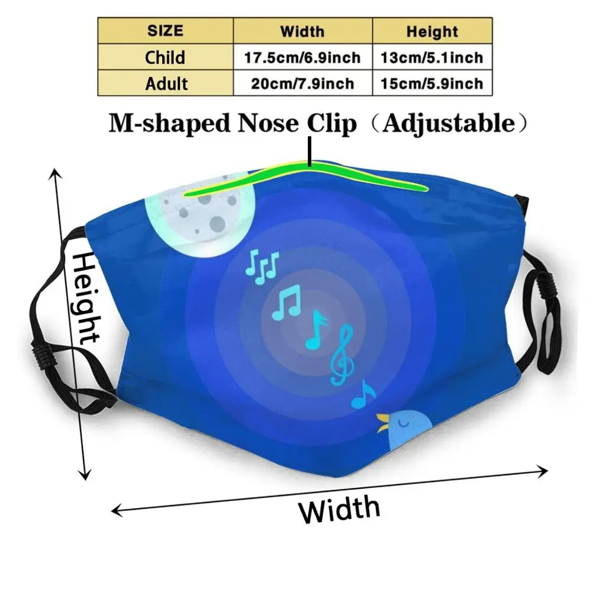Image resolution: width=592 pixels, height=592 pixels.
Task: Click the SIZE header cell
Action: [x=165, y=30]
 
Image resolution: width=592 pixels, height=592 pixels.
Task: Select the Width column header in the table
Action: [x=303, y=31]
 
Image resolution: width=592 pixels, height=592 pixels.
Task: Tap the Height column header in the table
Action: [x=432, y=31]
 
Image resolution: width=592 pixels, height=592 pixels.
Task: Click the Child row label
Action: [x=165, y=57]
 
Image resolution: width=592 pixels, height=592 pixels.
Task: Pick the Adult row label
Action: [x=165, y=83]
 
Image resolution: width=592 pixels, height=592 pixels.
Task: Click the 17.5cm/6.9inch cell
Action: [x=303, y=58]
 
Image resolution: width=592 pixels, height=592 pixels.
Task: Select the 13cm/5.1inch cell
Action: [x=432, y=58]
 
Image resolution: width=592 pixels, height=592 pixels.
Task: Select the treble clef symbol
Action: [x=342, y=358]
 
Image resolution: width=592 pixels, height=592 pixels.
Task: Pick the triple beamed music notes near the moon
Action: [x=261, y=267]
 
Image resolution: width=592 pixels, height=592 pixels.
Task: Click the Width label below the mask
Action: [x=339, y=509]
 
